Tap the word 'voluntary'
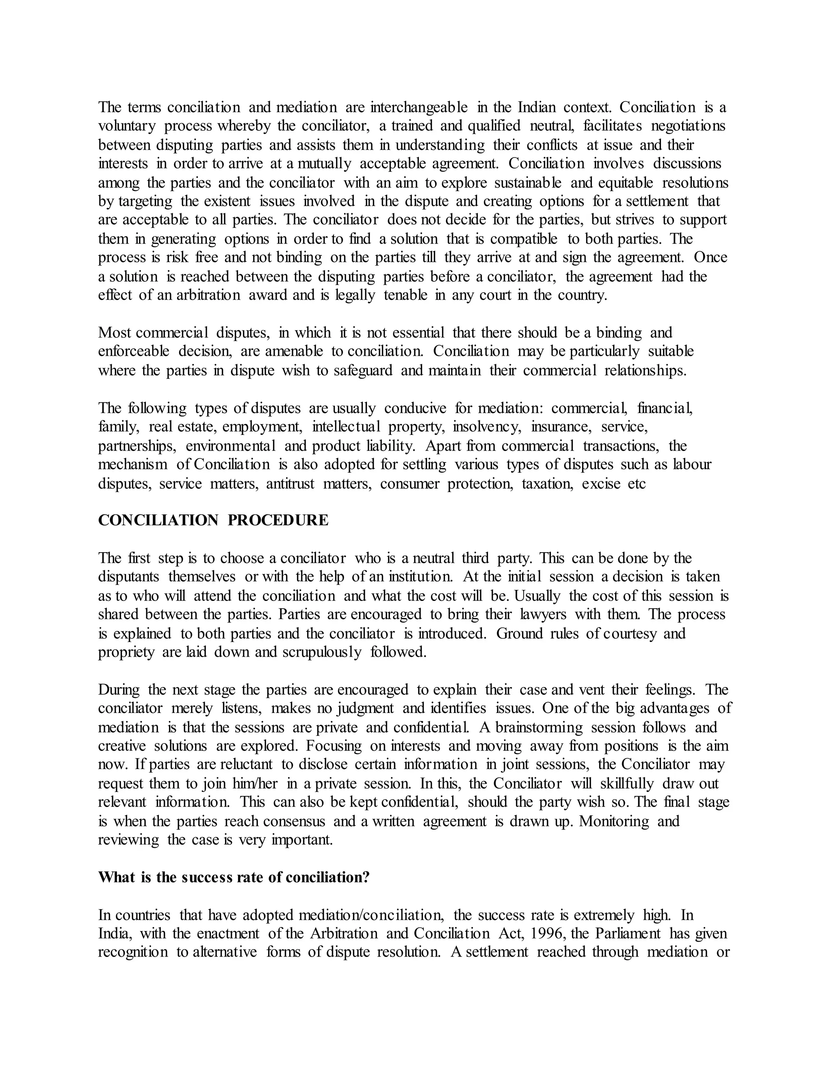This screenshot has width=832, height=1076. click(x=127, y=126)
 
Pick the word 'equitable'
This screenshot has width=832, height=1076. click(x=626, y=183)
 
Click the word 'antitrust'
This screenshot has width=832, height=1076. click(x=290, y=484)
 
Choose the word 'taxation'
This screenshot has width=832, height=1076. click(x=548, y=484)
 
